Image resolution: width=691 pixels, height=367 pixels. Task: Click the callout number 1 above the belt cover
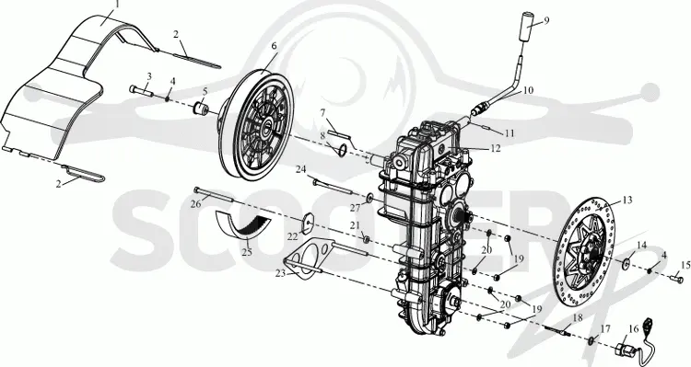(117, 4)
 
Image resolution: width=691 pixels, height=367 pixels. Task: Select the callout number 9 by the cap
(546, 20)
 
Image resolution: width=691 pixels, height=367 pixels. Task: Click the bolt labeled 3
(142, 91)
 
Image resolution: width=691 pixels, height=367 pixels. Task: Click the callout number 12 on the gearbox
(496, 148)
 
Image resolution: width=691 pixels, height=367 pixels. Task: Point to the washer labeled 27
(369, 196)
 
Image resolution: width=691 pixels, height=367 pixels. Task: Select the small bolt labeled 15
(676, 278)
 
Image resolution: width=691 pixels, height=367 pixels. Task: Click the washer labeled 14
(627, 264)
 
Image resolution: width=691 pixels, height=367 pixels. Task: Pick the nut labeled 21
(365, 239)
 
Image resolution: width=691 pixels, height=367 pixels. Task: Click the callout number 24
(301, 169)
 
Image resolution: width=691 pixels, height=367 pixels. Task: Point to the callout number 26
(196, 204)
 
